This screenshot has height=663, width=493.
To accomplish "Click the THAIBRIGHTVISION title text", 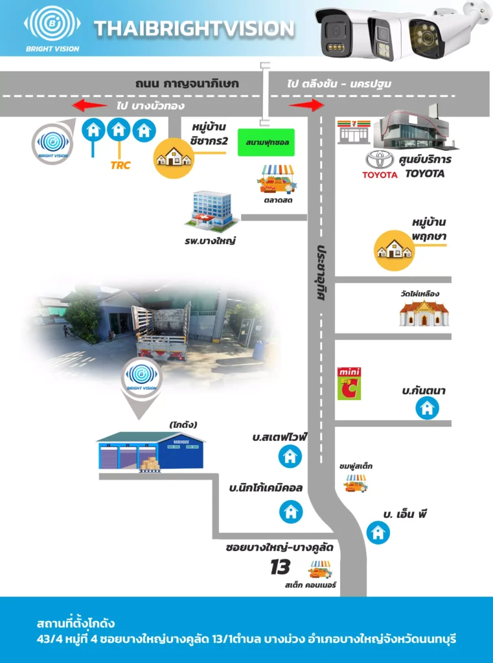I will [x=194, y=28].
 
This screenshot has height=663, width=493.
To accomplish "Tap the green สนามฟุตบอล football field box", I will [x=266, y=142].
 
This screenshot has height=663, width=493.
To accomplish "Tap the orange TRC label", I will [x=120, y=165].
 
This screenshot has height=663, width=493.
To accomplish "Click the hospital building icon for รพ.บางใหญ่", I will [x=209, y=210].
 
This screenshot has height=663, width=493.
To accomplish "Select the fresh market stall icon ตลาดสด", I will [x=276, y=179].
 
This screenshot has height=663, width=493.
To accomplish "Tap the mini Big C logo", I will [x=349, y=383].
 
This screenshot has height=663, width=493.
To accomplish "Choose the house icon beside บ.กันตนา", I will [x=427, y=408].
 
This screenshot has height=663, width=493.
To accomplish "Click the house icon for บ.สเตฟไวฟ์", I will [x=290, y=456].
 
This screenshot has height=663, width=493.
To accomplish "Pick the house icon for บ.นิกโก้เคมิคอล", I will [x=291, y=511].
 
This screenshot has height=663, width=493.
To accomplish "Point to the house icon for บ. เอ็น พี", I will [x=378, y=533].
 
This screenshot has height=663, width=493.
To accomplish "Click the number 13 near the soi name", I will [x=280, y=568].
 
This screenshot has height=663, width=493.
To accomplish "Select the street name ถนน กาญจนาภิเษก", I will [x=187, y=84].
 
